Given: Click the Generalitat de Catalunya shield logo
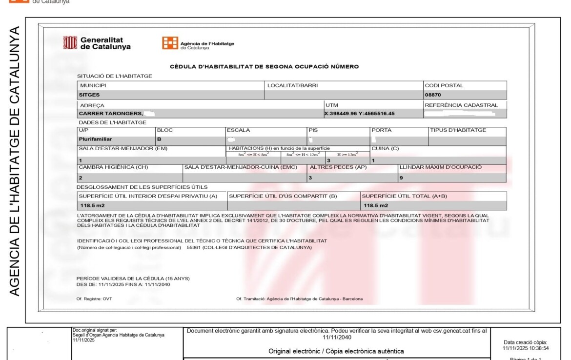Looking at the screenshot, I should pos(70,43).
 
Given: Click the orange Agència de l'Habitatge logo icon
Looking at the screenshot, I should pos(170,43).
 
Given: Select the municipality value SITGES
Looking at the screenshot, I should pos(89,95).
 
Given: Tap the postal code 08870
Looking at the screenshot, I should pos(433,95).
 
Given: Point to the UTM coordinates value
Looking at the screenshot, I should pos(359,114).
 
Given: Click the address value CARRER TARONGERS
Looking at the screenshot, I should pos(111,114).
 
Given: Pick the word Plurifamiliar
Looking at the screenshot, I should pos(96,139).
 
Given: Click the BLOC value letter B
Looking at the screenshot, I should pos(159,139).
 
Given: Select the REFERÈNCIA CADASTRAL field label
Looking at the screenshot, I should pos(461,105).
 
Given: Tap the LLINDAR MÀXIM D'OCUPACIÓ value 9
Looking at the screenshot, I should pos(401,178).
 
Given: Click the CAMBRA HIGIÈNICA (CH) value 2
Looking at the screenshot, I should pos(81,178).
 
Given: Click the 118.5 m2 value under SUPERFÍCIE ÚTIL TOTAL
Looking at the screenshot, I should pos(376,205).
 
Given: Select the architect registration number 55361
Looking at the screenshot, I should pos(194,247).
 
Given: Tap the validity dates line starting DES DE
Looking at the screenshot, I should pos(123,284).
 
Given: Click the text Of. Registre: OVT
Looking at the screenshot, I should pos(94,299).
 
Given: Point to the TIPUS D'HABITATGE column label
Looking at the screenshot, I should pos(458,130).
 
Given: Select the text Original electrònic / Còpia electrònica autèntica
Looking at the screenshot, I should pos(336,351).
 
